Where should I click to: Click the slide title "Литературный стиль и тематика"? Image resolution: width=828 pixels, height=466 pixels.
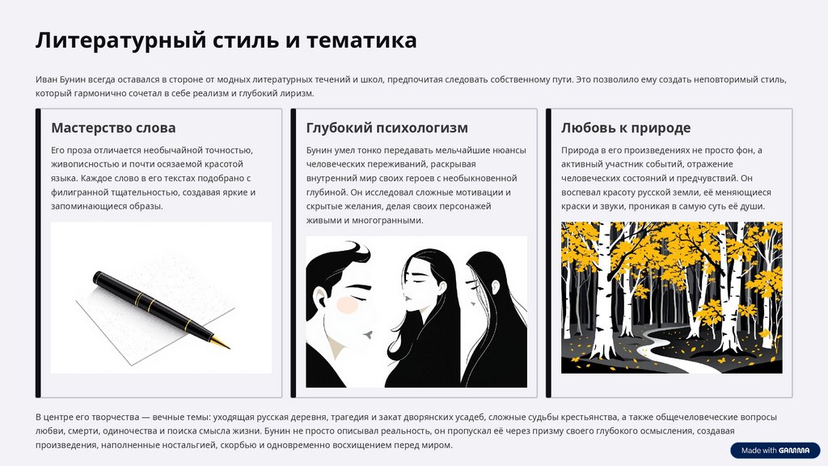click(226, 40)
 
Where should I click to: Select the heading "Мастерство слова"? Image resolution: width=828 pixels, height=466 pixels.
click(113, 128)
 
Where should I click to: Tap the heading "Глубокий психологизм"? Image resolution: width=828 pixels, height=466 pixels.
click(387, 128)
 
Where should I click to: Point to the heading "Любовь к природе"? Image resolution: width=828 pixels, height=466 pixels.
click(626, 128)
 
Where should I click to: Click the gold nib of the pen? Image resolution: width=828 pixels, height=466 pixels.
click(221, 342)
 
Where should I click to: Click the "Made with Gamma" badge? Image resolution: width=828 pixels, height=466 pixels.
click(775, 450)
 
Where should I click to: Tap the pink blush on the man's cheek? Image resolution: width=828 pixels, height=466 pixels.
click(348, 305)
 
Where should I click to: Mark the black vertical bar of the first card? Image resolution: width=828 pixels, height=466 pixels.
click(38, 253)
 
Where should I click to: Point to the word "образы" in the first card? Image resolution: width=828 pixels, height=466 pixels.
click(147, 206)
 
